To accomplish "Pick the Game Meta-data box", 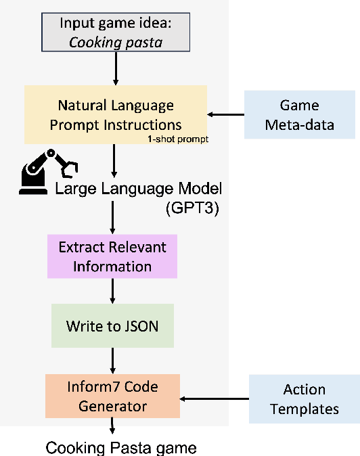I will pyautogui.click(x=300, y=114).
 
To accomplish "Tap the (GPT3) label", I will pyautogui.click(x=194, y=208).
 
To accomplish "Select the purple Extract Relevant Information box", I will pyautogui.click(x=112, y=256).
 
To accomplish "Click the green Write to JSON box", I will pyautogui.click(x=112, y=325).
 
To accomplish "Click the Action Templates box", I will pyautogui.click(x=305, y=398).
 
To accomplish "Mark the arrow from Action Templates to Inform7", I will pyautogui.click(x=215, y=399).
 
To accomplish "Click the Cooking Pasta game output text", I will pyautogui.click(x=121, y=447).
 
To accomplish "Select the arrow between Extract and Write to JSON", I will pyautogui.click(x=112, y=291).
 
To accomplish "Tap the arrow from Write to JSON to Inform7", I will pyautogui.click(x=112, y=361).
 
